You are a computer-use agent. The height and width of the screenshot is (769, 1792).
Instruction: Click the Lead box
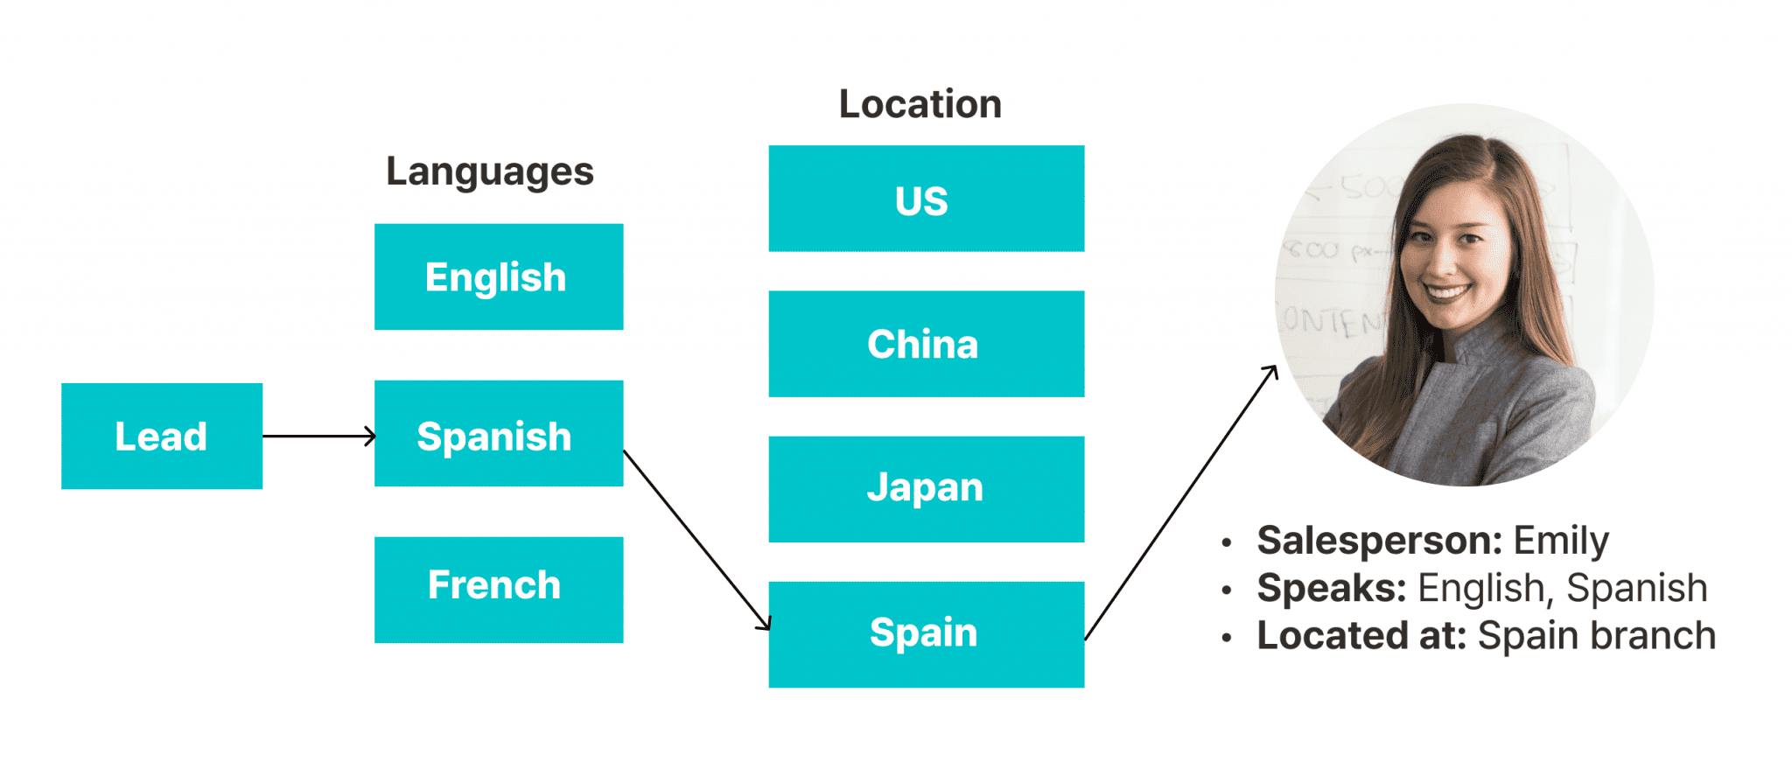pyautogui.click(x=162, y=436)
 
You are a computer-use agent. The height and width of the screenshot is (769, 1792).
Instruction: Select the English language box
pyautogui.click(x=499, y=276)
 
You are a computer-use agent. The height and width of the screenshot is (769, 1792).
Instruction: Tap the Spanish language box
pyautogui.click(x=499, y=434)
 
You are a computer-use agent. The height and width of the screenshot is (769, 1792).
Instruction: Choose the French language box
pyautogui.click(x=499, y=590)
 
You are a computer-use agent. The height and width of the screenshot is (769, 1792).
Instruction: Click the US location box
pyautogui.click(x=926, y=199)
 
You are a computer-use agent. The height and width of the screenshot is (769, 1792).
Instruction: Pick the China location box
pyautogui.click(x=926, y=344)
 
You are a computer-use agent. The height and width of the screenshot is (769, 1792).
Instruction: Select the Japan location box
pyautogui.click(x=926, y=489)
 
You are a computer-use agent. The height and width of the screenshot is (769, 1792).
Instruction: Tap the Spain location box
pyautogui.click(x=926, y=634)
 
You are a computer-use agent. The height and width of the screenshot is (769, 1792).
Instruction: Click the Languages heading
pyautogui.click(x=490, y=171)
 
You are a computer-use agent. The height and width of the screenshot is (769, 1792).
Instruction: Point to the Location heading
pyautogui.click(x=920, y=104)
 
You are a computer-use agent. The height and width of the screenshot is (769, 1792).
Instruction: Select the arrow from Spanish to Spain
pyautogui.click(x=696, y=540)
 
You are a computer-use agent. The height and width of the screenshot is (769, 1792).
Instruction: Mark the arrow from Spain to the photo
pyautogui.click(x=1180, y=503)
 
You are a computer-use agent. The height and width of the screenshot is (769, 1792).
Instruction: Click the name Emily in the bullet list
pyautogui.click(x=1561, y=541)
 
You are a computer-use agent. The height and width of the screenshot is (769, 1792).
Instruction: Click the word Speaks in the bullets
pyautogui.click(x=1331, y=588)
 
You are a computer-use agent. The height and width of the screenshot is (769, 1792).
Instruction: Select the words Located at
pyautogui.click(x=1361, y=635)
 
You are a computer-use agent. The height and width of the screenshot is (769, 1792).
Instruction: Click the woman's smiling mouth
pyautogui.click(x=1447, y=291)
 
